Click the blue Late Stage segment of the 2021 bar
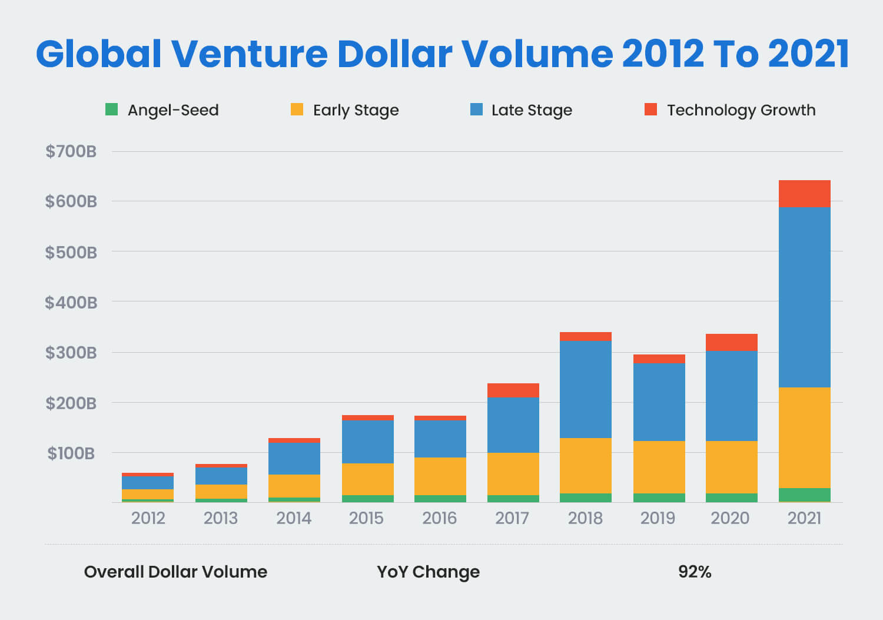pos(804,297)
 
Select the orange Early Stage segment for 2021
pos(804,437)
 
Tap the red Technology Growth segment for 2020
pos(731,342)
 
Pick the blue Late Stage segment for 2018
pos(585,389)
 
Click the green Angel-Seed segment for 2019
pos(659,498)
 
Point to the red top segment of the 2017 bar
pos(513,390)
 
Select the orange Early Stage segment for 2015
pos(367,479)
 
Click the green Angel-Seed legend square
pos(111,110)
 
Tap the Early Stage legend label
pos(356,110)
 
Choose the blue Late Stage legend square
pos(476,110)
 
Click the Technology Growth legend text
pos(741,110)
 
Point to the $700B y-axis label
pos(71,151)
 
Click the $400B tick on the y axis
pos(71,302)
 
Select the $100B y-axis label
pos(71,453)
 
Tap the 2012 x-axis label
pos(148,518)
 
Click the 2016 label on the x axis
pos(439,518)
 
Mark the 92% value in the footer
pos(695,572)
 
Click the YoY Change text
pos(428,572)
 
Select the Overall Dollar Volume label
pos(175,572)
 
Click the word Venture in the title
pos(249,54)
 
